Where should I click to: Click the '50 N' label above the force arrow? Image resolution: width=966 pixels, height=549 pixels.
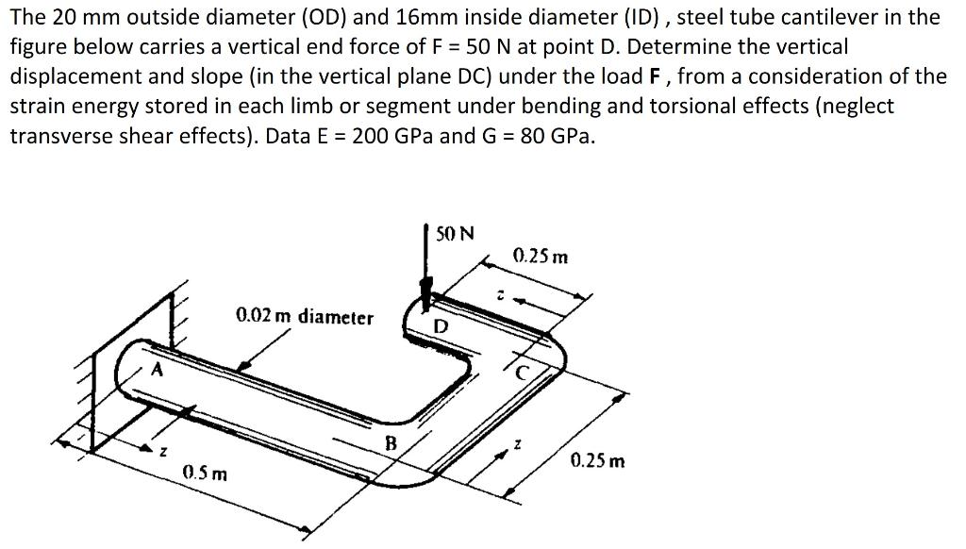(x=456, y=232)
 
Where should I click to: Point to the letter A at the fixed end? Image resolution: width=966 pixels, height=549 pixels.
(x=158, y=370)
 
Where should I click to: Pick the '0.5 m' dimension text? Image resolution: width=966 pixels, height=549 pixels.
(x=206, y=472)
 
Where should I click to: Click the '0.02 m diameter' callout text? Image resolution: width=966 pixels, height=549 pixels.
(x=304, y=317)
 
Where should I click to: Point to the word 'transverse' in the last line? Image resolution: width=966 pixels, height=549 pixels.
(x=58, y=136)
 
